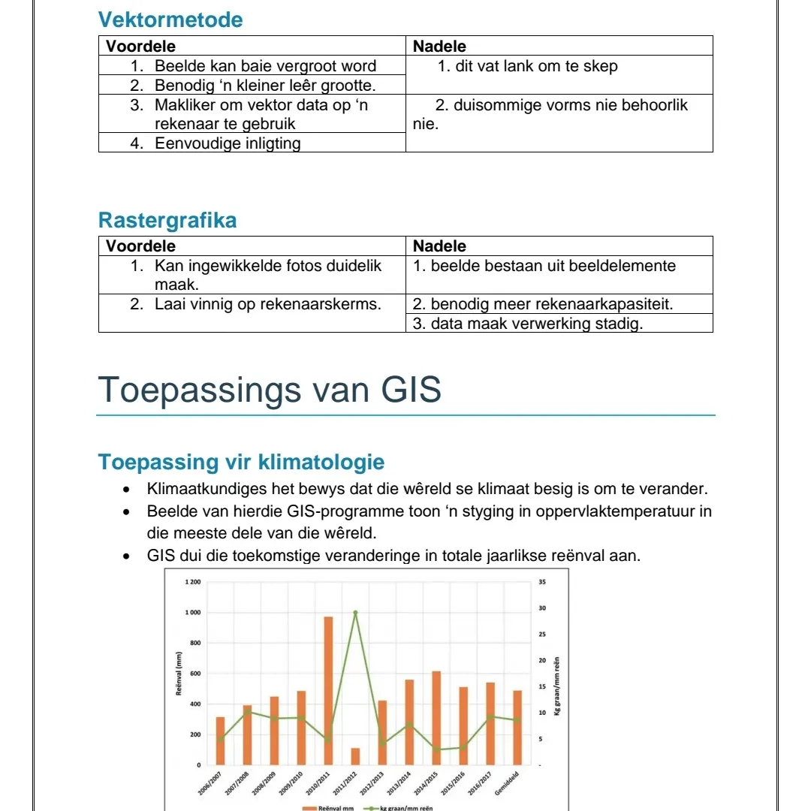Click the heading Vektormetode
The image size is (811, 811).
tap(170, 20)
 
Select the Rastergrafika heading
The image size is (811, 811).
tap(167, 221)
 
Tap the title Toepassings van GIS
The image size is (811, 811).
tap(270, 389)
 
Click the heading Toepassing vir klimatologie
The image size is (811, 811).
tap(241, 462)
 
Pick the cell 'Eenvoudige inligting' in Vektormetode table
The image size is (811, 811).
tap(228, 143)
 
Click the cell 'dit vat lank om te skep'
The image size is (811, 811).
tap(536, 66)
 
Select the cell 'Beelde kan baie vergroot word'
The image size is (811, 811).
tap(265, 66)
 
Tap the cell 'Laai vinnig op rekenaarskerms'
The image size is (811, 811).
tap(267, 304)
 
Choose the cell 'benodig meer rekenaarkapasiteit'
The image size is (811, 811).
tap(552, 304)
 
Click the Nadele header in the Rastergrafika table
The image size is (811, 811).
tap(439, 246)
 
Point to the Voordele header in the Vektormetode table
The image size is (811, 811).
tap(140, 46)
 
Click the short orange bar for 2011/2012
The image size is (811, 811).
tap(355, 755)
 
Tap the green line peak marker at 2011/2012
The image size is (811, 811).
tap(355, 612)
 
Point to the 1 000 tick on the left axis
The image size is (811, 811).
tap(193, 613)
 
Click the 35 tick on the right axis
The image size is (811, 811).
tap(542, 582)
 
